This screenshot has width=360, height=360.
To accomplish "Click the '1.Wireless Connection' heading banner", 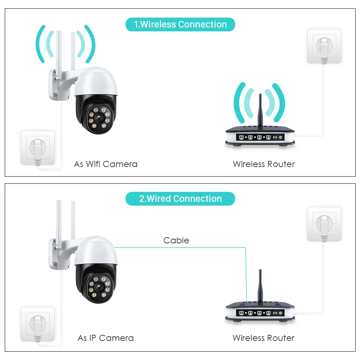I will [180, 24].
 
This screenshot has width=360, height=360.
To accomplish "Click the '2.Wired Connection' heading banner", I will [180, 199].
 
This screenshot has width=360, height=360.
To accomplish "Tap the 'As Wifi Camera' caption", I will [105, 164].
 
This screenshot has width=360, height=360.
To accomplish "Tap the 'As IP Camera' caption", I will [105, 338].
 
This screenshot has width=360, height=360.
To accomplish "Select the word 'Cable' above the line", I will [176, 240].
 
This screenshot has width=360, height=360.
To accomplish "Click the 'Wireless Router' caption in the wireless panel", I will [264, 164].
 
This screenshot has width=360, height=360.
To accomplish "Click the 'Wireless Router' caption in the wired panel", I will [264, 338].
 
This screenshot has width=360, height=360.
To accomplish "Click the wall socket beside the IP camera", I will [38, 323].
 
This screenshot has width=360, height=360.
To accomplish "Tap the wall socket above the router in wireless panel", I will [324, 46].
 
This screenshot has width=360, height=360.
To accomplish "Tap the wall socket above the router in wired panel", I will [324, 224].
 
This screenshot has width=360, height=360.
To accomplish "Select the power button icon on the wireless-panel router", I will [281, 138].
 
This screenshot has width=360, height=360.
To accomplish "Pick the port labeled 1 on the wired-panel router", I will [241, 313].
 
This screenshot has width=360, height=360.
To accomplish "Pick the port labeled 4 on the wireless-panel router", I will [268, 138].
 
